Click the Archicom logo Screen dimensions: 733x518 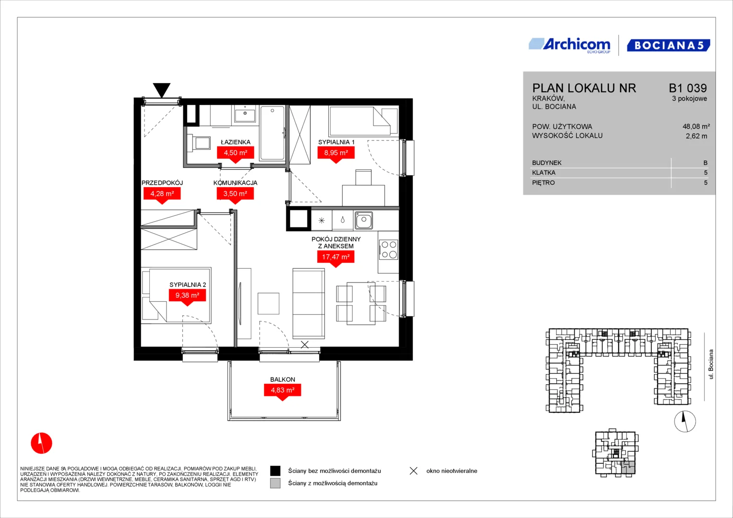pyautogui.click(x=569, y=46)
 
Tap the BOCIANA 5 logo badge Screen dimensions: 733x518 pyautogui.click(x=669, y=46)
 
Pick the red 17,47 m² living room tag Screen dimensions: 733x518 pyautogui.click(x=336, y=259)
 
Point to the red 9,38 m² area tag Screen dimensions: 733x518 pyautogui.click(x=187, y=297)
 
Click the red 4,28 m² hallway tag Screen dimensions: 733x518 pyautogui.click(x=162, y=195)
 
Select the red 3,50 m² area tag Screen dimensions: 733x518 pyautogui.click(x=235, y=195)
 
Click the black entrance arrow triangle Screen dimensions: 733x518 pyautogui.click(x=162, y=89)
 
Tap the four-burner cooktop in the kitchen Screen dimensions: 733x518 pyautogui.click(x=389, y=250)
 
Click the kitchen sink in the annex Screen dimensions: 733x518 pyautogui.click(x=363, y=220)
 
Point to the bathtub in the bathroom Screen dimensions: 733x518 pyautogui.click(x=272, y=133)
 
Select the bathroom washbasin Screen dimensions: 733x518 pyautogui.click(x=245, y=114)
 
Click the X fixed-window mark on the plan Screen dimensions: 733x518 pyautogui.click(x=305, y=344)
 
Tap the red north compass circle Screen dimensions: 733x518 pyautogui.click(x=42, y=443)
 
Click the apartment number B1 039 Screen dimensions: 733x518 pyautogui.click(x=687, y=88)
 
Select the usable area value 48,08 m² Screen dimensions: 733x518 pyautogui.click(x=696, y=126)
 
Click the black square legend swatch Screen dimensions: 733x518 pyautogui.click(x=275, y=471)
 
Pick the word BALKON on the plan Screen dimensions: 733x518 pyautogui.click(x=282, y=379)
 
